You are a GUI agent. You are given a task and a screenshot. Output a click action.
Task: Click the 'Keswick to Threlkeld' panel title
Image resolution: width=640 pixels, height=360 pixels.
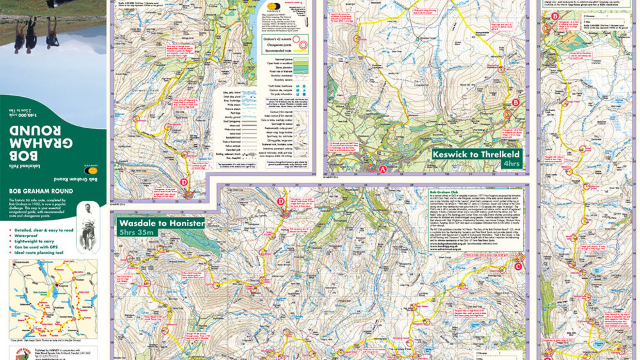pyautogui.click(x=476, y=154)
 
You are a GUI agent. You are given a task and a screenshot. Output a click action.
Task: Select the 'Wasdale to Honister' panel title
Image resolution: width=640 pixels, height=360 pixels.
pyautogui.click(x=162, y=223)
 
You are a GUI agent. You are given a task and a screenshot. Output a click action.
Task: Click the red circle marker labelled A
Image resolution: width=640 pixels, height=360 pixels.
pyautogui.click(x=382, y=169)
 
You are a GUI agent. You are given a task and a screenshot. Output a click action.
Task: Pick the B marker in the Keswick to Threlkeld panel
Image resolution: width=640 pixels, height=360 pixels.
pyautogui.click(x=516, y=102)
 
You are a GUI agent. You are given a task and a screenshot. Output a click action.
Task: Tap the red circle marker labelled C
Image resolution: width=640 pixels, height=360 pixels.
pyautogui.click(x=518, y=266)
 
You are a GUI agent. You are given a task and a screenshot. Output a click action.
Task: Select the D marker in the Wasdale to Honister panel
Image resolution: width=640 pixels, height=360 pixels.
pyautogui.click(x=281, y=202)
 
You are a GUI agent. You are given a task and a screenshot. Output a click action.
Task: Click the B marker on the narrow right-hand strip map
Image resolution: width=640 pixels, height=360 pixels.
pyautogui.click(x=555, y=16)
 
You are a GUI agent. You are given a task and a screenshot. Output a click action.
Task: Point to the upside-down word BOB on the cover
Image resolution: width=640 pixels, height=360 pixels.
pyautogui.click(x=24, y=156)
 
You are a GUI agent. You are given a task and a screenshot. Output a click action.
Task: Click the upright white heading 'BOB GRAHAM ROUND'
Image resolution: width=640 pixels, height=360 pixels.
pyautogui.click(x=41, y=191)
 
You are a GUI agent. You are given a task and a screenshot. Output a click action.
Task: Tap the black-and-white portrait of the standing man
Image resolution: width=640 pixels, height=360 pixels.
pyautogui.click(x=88, y=227)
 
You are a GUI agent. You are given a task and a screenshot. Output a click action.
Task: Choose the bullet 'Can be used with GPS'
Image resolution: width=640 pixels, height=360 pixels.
pyautogui.click(x=36, y=247)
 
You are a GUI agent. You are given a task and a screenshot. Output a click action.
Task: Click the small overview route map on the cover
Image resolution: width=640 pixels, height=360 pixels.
pyautogui.click(x=53, y=298)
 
